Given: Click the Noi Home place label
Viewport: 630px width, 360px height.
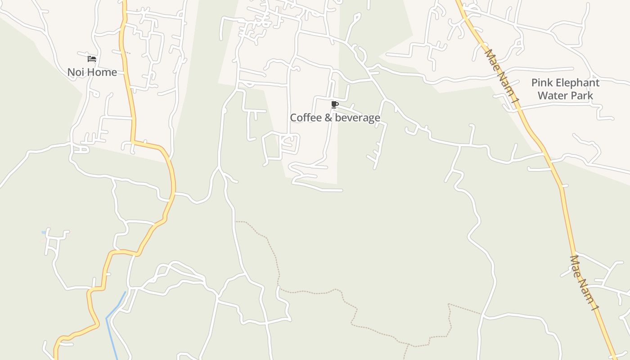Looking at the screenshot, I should [92, 72].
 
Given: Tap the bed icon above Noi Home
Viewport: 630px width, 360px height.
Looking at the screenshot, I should [92, 59].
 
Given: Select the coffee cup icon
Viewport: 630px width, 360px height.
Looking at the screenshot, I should [334, 105].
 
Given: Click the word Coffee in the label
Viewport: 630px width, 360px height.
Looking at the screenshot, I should [306, 118].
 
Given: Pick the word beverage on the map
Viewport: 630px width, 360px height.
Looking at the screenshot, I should [357, 118].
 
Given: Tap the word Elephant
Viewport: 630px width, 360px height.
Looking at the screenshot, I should [579, 83].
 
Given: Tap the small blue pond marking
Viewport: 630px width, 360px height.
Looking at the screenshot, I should [44, 232].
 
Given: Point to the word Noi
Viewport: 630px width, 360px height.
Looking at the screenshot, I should [76, 72].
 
